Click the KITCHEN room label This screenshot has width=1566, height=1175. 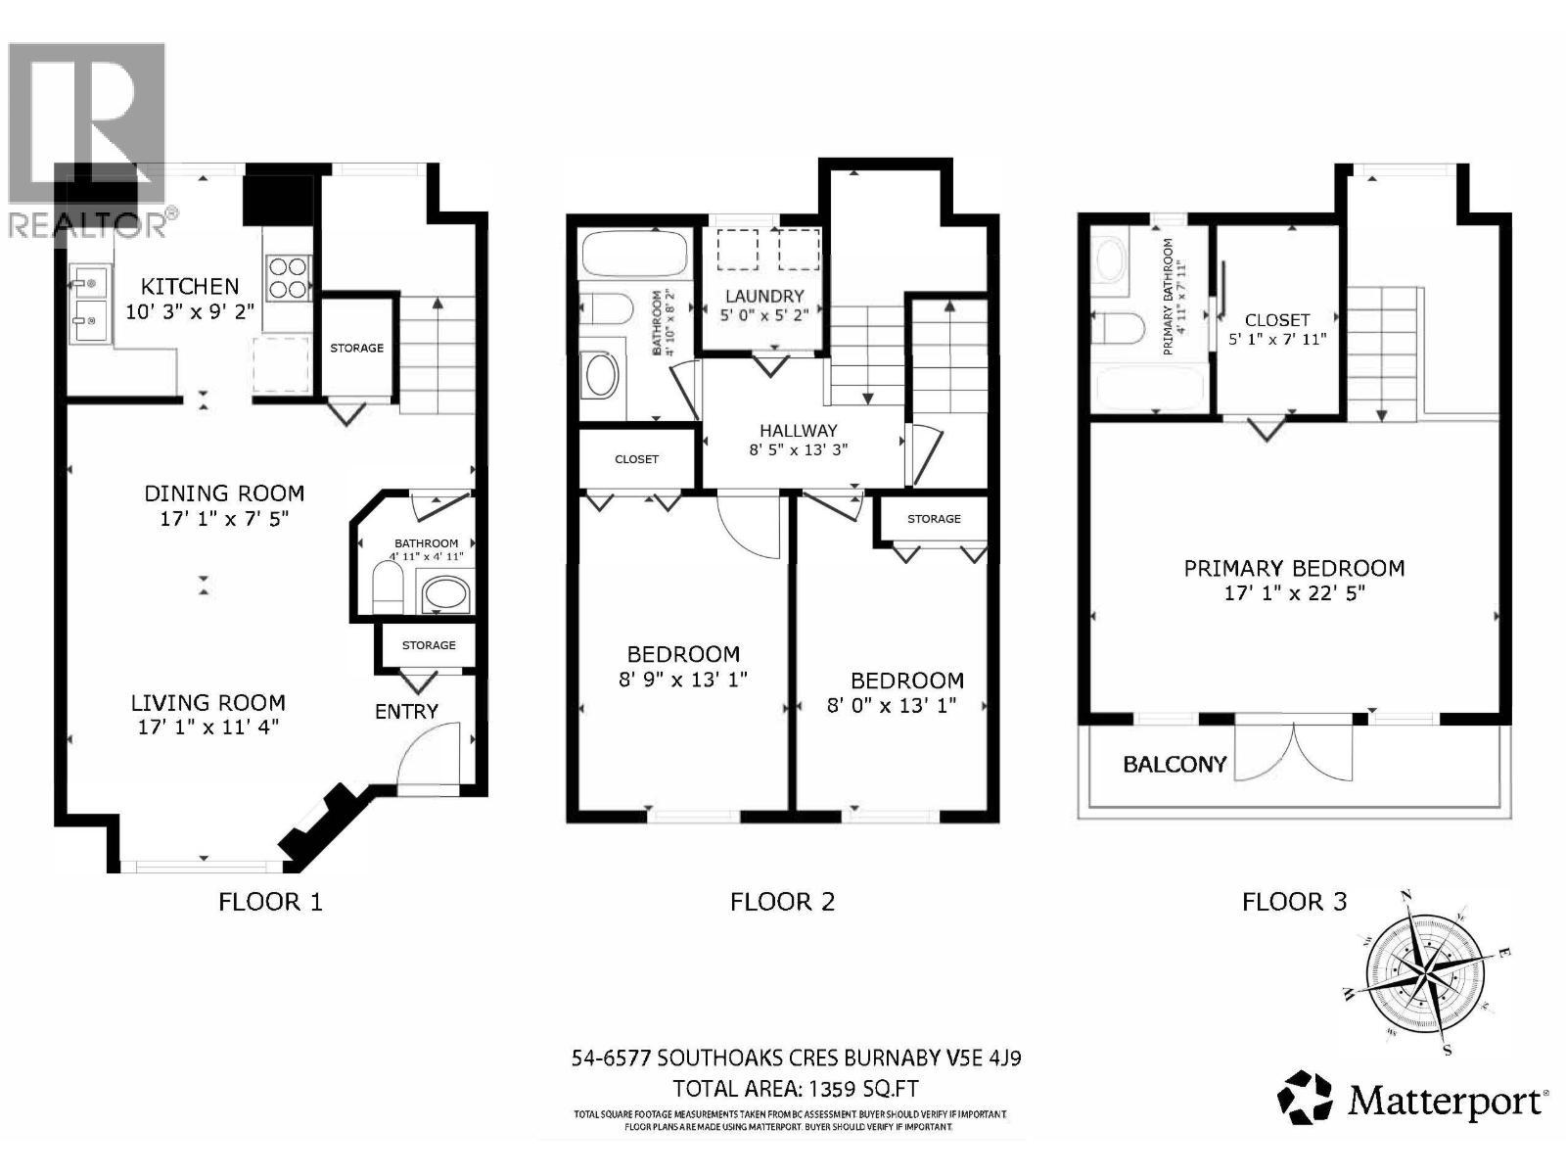pyautogui.click(x=190, y=286)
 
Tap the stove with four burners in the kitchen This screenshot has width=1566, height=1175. pyautogui.click(x=287, y=277)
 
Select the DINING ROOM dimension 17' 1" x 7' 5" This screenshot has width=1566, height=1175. pyautogui.click(x=225, y=518)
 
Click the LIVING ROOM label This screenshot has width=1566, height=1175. pyautogui.click(x=208, y=702)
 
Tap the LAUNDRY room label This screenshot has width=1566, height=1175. pyautogui.click(x=764, y=296)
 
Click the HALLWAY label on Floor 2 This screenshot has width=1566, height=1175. pyautogui.click(x=799, y=430)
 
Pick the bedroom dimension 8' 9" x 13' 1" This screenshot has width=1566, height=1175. pyautogui.click(x=683, y=679)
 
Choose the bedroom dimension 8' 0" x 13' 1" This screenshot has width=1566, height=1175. pyautogui.click(x=892, y=705)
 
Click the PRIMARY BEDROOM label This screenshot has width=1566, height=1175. pyautogui.click(x=1294, y=568)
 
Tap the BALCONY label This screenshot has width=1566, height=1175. pyautogui.click(x=1174, y=764)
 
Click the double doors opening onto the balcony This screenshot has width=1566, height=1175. pyautogui.click(x=1295, y=752)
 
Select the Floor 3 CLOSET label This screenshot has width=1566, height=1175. pyautogui.click(x=1277, y=320)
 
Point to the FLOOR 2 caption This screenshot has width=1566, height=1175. pyautogui.click(x=782, y=902)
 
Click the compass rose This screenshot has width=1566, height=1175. pyautogui.click(x=1424, y=973)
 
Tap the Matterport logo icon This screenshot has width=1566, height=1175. pyautogui.click(x=1307, y=1098)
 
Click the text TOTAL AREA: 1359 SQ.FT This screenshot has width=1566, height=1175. pyautogui.click(x=796, y=1089)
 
